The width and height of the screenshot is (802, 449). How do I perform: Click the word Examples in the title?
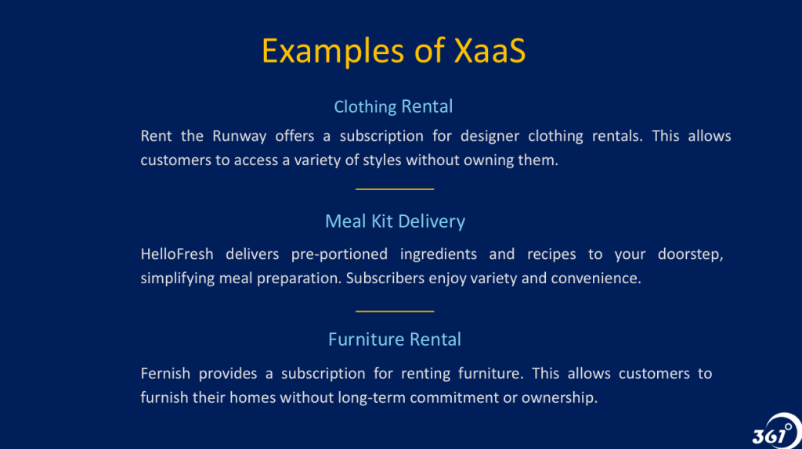pos(334,52)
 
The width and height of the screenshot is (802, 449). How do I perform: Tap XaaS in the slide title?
pos(490,51)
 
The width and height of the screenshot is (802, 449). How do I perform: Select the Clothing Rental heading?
pos(393,106)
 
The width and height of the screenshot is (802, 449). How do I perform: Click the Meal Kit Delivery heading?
pos(395,221)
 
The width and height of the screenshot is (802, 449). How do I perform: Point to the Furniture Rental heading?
pos(395,339)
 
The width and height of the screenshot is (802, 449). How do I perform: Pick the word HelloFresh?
pos(177,254)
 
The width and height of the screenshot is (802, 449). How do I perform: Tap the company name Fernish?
pos(165,373)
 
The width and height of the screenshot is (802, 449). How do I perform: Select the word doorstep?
pos(691,255)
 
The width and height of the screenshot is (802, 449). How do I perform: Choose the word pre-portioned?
pos(339,255)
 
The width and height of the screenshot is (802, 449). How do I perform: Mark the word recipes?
pos(551,255)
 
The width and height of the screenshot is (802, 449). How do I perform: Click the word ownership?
pos(559,398)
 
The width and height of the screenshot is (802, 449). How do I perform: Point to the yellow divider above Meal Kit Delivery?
pos(395,189)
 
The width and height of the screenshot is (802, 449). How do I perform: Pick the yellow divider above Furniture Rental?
pos(395,311)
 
